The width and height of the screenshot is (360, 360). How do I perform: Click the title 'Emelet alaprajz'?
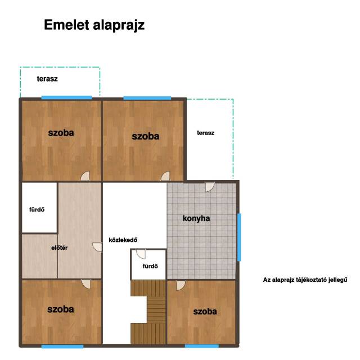(94, 25)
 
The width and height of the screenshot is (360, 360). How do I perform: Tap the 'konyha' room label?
(196, 218)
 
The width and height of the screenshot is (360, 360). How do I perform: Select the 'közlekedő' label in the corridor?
(123, 240)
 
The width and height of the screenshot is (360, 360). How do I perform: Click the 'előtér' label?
(60, 247)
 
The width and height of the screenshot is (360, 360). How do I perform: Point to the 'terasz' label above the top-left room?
(47, 79)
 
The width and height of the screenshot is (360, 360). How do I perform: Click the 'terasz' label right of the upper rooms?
(206, 133)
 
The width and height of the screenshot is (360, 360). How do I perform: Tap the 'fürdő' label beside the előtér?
(37, 209)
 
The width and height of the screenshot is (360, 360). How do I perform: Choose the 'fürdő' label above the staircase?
(150, 266)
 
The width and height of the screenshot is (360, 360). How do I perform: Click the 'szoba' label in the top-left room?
(61, 133)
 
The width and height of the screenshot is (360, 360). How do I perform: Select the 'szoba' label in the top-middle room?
(146, 136)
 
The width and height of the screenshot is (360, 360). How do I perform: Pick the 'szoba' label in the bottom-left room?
(61, 309)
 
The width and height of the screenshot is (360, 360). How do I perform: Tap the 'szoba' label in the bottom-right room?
(205, 312)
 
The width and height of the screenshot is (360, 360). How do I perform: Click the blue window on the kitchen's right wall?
(239, 237)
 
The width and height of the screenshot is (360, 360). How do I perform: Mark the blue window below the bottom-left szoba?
(62, 346)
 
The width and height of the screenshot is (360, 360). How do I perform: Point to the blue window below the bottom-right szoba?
(202, 346)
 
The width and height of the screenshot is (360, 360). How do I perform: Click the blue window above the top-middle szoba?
(147, 98)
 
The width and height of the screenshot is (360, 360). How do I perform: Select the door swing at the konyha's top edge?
(210, 187)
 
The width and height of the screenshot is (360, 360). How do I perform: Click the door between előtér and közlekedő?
(97, 247)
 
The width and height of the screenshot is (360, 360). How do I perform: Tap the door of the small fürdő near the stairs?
(141, 254)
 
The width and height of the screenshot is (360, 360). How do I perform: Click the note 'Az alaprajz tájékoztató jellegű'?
(305, 280)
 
